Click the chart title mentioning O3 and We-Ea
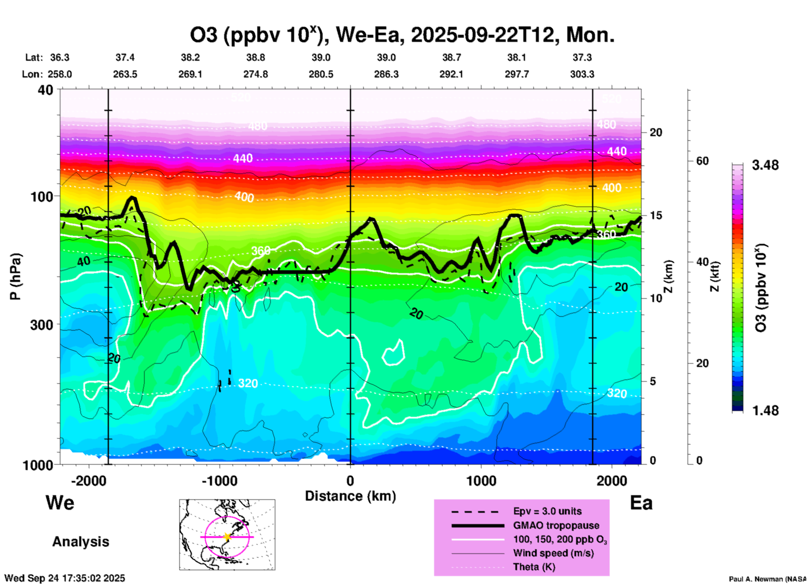tap(402, 35)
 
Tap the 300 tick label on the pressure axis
tap(42, 325)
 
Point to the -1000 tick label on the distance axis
tap(220, 481)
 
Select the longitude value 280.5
tap(321, 74)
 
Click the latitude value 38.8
tap(256, 57)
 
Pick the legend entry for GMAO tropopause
tap(556, 525)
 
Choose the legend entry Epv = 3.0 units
tap(547, 511)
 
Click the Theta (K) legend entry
tap(534, 567)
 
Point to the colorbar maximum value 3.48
tap(765, 165)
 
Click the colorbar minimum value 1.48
tap(765, 411)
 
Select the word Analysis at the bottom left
tap(80, 542)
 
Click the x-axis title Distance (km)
tap(350, 496)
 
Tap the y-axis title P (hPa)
tap(16, 276)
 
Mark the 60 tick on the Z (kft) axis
tap(703, 161)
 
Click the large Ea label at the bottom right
tap(641, 503)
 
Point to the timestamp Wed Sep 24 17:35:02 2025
tap(65, 578)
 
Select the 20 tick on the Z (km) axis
tap(656, 132)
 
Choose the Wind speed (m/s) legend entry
tap(553, 553)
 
